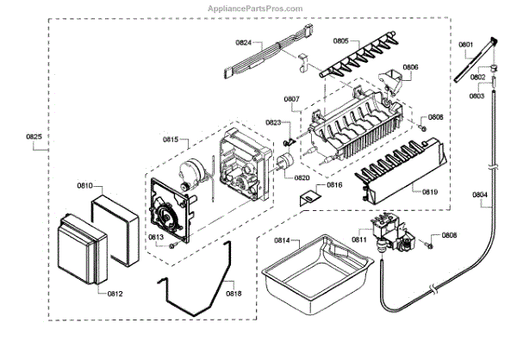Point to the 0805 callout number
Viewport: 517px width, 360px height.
click(340, 40)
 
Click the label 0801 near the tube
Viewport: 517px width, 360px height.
click(465, 45)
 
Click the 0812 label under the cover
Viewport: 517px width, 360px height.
click(115, 294)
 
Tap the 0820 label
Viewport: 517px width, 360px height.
click(302, 177)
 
